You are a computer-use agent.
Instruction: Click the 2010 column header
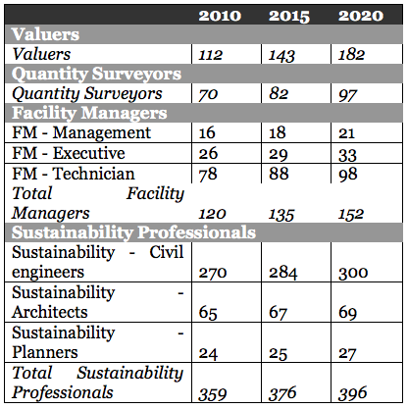[220, 16]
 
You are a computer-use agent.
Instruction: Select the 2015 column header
[289, 16]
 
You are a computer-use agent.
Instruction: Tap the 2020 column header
[361, 16]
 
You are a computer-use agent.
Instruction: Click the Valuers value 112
[210, 55]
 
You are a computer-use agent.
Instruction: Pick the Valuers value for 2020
[351, 55]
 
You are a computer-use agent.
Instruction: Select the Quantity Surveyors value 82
[279, 94]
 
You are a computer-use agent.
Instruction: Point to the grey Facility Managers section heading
[89, 113]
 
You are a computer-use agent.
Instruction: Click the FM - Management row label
[81, 132]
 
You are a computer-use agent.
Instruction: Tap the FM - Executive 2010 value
[208, 153]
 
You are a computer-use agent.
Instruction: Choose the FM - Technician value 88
[279, 174]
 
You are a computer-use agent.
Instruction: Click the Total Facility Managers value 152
[351, 214]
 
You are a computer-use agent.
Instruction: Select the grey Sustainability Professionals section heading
[133, 232]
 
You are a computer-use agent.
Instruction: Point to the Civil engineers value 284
[283, 273]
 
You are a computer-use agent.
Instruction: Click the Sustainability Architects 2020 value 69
[348, 313]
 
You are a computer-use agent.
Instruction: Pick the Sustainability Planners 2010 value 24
[208, 354]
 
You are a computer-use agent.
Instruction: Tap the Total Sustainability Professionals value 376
[282, 393]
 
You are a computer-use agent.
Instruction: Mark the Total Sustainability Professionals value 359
[213, 394]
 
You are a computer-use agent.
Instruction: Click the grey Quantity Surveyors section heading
[96, 74]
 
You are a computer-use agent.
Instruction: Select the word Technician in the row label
[94, 174]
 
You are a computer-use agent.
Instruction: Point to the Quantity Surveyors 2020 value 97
[348, 95]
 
